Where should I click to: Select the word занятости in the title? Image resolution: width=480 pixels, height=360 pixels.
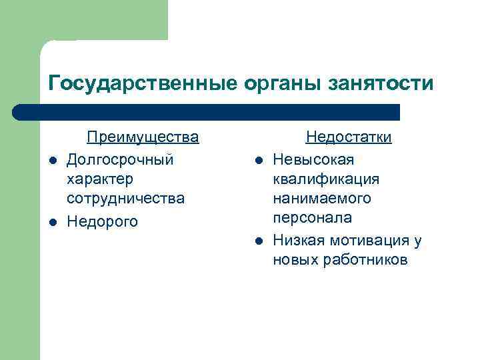(x=381, y=83)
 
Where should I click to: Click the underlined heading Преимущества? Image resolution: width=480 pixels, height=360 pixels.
(x=143, y=137)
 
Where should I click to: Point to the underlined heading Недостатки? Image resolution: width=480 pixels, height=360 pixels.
(x=349, y=137)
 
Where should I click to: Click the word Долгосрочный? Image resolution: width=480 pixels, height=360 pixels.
(x=121, y=160)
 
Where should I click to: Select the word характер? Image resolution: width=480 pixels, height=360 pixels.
(x=100, y=179)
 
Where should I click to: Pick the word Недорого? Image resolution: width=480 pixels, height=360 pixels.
(x=103, y=221)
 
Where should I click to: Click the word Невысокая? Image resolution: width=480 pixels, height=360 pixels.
(x=313, y=160)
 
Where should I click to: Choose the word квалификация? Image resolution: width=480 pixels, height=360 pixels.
(x=326, y=179)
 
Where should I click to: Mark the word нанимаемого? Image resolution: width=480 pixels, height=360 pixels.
(x=322, y=199)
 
